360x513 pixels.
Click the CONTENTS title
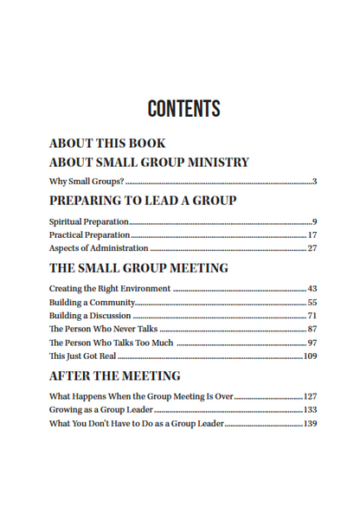pos(183,110)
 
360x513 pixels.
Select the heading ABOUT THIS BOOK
pos(107,144)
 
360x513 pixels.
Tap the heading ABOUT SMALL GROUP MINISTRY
pos(149,162)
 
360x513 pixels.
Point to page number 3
pos(315,182)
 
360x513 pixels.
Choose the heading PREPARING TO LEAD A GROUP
pos(143,201)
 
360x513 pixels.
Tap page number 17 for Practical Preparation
pos(312,234)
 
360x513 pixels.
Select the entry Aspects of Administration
pos(99,248)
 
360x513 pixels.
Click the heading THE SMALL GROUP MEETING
pos(138,268)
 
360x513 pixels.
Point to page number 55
pos(312,303)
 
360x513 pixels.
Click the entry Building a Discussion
pos(90,316)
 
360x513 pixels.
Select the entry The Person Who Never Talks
pos(103,330)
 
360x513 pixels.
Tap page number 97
pos(312,343)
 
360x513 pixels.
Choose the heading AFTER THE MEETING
pos(114,376)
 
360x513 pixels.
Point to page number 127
pos(310,397)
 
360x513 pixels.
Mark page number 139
pos(310,424)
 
